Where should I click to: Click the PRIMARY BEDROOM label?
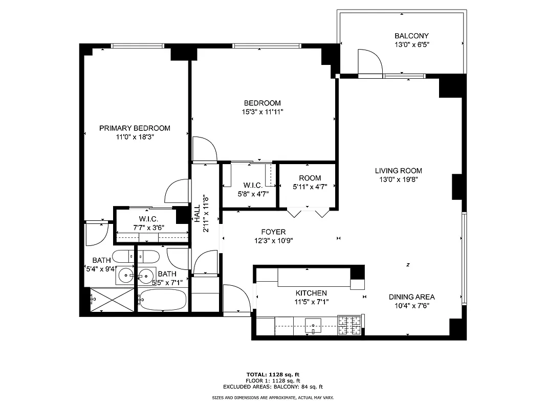click(x=135, y=128)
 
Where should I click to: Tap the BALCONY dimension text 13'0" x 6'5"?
click(x=411, y=44)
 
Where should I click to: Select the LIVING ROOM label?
click(x=398, y=171)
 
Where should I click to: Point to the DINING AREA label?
click(x=411, y=297)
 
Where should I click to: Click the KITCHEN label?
click(x=311, y=293)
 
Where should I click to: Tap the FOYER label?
click(x=273, y=232)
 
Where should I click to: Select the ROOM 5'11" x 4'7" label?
click(x=310, y=178)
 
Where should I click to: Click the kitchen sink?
click(x=312, y=325)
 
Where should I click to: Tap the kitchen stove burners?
click(x=350, y=326)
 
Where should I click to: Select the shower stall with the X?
click(x=111, y=301)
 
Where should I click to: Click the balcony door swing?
click(x=370, y=61)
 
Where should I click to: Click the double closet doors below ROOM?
click(x=308, y=213)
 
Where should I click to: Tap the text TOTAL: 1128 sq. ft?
click(x=273, y=374)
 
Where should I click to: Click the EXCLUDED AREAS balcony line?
click(x=273, y=387)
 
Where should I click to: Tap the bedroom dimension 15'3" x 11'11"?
click(x=262, y=111)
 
